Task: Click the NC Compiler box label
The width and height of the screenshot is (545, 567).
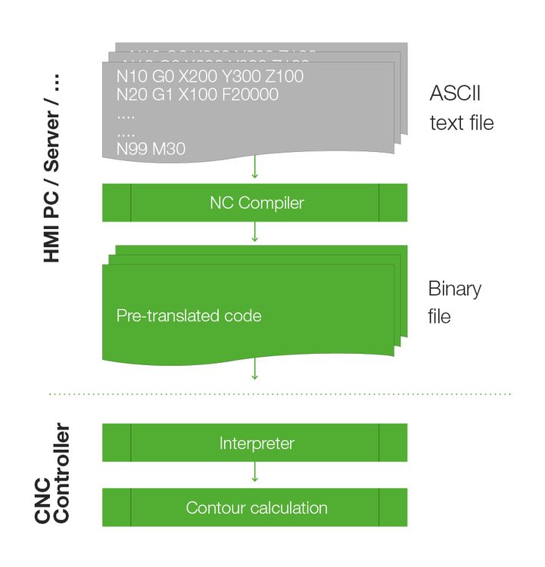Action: [x=257, y=203]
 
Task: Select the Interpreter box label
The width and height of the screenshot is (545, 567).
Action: [x=257, y=443]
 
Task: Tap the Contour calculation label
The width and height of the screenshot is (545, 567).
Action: [x=257, y=508]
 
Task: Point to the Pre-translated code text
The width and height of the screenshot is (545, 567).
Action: [x=188, y=315]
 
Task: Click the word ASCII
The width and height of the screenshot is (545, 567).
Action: [x=455, y=94]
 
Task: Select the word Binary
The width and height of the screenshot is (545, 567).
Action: [x=454, y=289]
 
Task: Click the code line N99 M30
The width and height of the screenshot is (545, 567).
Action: [x=151, y=149]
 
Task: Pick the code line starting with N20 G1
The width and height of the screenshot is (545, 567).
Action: [x=198, y=94]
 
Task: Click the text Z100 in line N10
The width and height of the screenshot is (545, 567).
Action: [x=285, y=76]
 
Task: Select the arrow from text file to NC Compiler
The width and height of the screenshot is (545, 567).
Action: [x=254, y=169]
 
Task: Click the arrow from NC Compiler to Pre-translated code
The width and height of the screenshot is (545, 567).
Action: [x=254, y=233]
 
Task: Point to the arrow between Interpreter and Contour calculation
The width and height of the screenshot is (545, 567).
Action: [x=254, y=474]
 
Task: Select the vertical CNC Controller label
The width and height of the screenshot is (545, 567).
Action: [x=52, y=474]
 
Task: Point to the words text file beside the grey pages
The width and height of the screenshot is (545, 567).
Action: [x=461, y=122]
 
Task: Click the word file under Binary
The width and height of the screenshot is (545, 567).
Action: [x=440, y=316]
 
